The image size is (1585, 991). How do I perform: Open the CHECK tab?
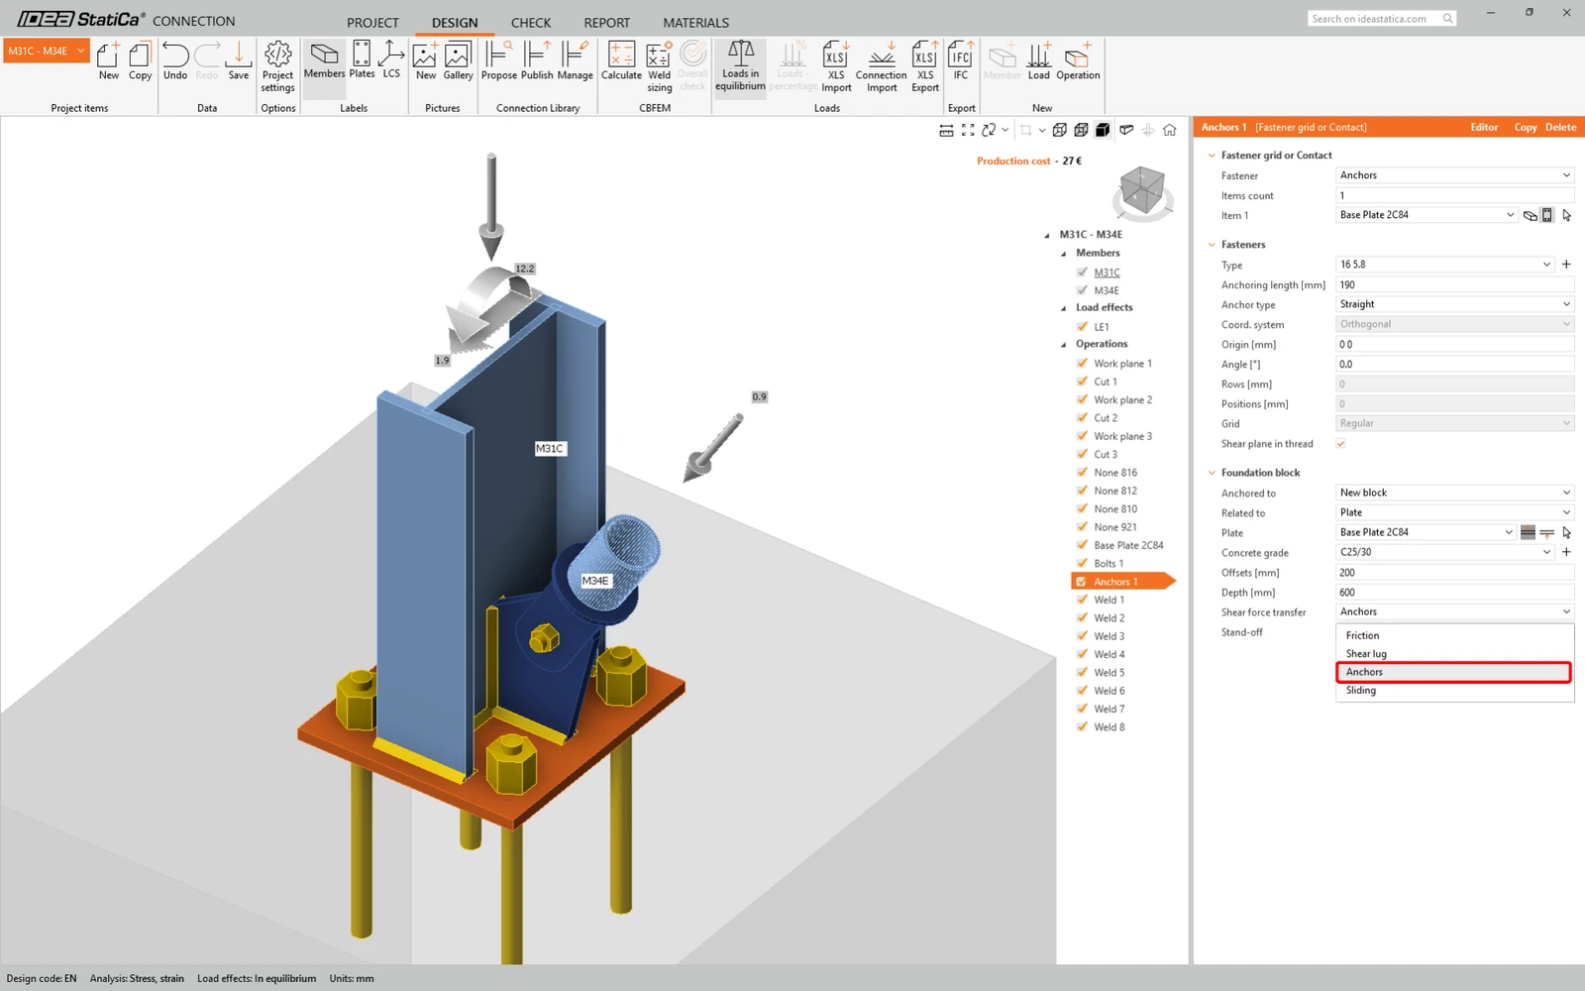(531, 23)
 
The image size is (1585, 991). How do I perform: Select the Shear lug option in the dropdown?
(1366, 653)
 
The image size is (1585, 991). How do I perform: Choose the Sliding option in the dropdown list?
(1361, 690)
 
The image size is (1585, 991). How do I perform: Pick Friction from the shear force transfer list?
(1362, 635)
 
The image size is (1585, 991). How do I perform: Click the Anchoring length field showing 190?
(1454, 284)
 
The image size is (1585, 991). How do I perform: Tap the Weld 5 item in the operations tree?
(1109, 673)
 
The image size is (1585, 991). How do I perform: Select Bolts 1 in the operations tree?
(1109, 564)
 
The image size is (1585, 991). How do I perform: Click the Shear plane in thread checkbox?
(1340, 444)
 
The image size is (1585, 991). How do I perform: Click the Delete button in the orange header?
(1560, 128)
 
